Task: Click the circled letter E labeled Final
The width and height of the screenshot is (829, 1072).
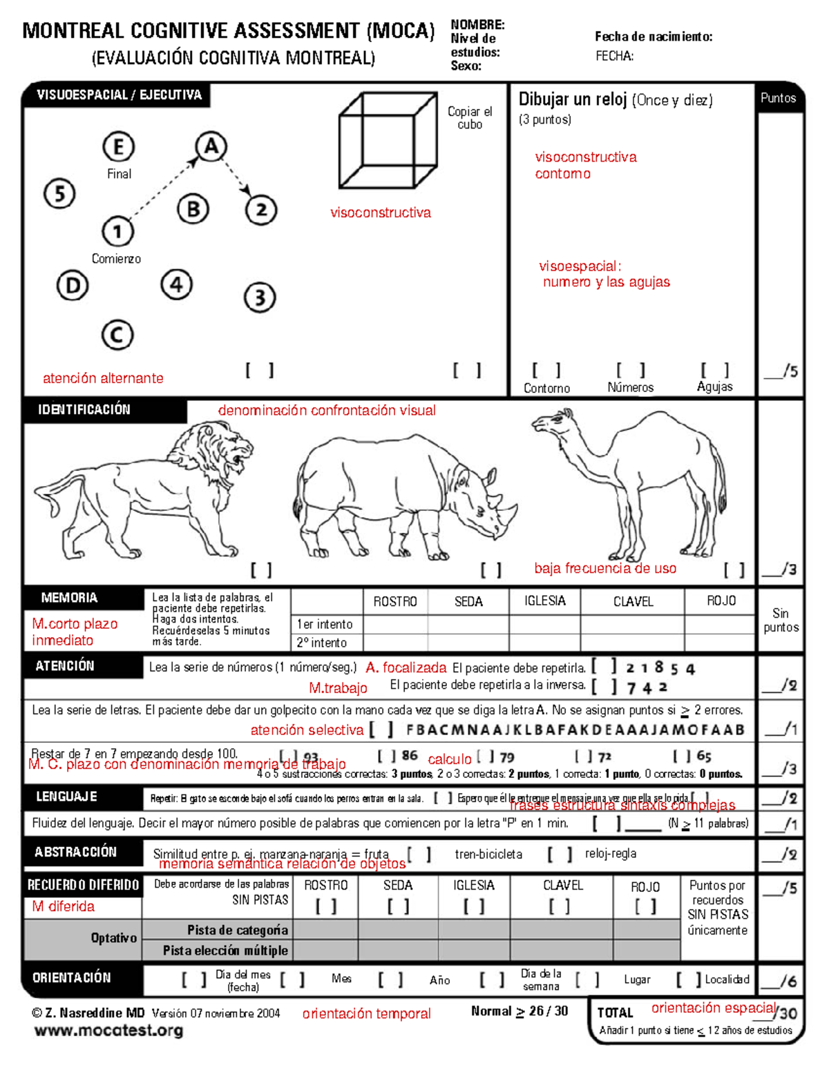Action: (x=119, y=147)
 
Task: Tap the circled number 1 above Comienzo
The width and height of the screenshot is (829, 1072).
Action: (x=117, y=231)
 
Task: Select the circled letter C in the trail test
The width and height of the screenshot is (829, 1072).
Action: (x=117, y=335)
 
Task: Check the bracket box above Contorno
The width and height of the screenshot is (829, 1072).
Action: (x=546, y=371)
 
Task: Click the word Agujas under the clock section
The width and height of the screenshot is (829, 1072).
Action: (x=714, y=387)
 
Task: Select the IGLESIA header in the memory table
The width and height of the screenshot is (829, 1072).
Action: (x=544, y=601)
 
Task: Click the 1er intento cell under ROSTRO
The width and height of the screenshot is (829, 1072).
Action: (x=395, y=624)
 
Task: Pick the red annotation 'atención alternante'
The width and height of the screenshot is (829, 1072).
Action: (x=103, y=378)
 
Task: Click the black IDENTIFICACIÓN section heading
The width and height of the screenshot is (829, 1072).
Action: (x=84, y=409)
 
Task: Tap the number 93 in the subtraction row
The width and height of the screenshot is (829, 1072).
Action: (x=311, y=757)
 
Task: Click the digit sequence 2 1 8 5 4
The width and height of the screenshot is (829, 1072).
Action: (x=660, y=668)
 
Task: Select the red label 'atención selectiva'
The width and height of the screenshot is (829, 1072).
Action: (x=307, y=730)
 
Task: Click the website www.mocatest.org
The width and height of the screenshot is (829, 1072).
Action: (x=108, y=1031)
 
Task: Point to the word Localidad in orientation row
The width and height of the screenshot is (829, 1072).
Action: (x=727, y=980)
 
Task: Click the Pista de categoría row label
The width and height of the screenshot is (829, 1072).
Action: (x=237, y=930)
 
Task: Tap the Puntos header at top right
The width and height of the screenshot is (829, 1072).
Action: (x=778, y=98)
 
